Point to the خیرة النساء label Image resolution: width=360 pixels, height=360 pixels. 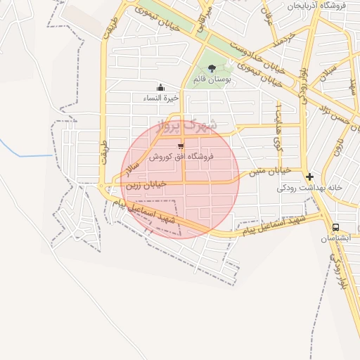(162, 98)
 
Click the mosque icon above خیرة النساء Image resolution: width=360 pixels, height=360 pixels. (161, 87)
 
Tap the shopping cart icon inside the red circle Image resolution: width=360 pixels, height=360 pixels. (181, 146)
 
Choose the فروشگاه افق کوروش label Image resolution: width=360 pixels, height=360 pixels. (181, 157)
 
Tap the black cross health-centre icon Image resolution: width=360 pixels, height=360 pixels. (309, 176)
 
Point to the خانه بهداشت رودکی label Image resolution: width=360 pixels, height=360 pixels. (309, 188)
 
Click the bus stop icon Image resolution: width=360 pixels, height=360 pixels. (336, 228)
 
